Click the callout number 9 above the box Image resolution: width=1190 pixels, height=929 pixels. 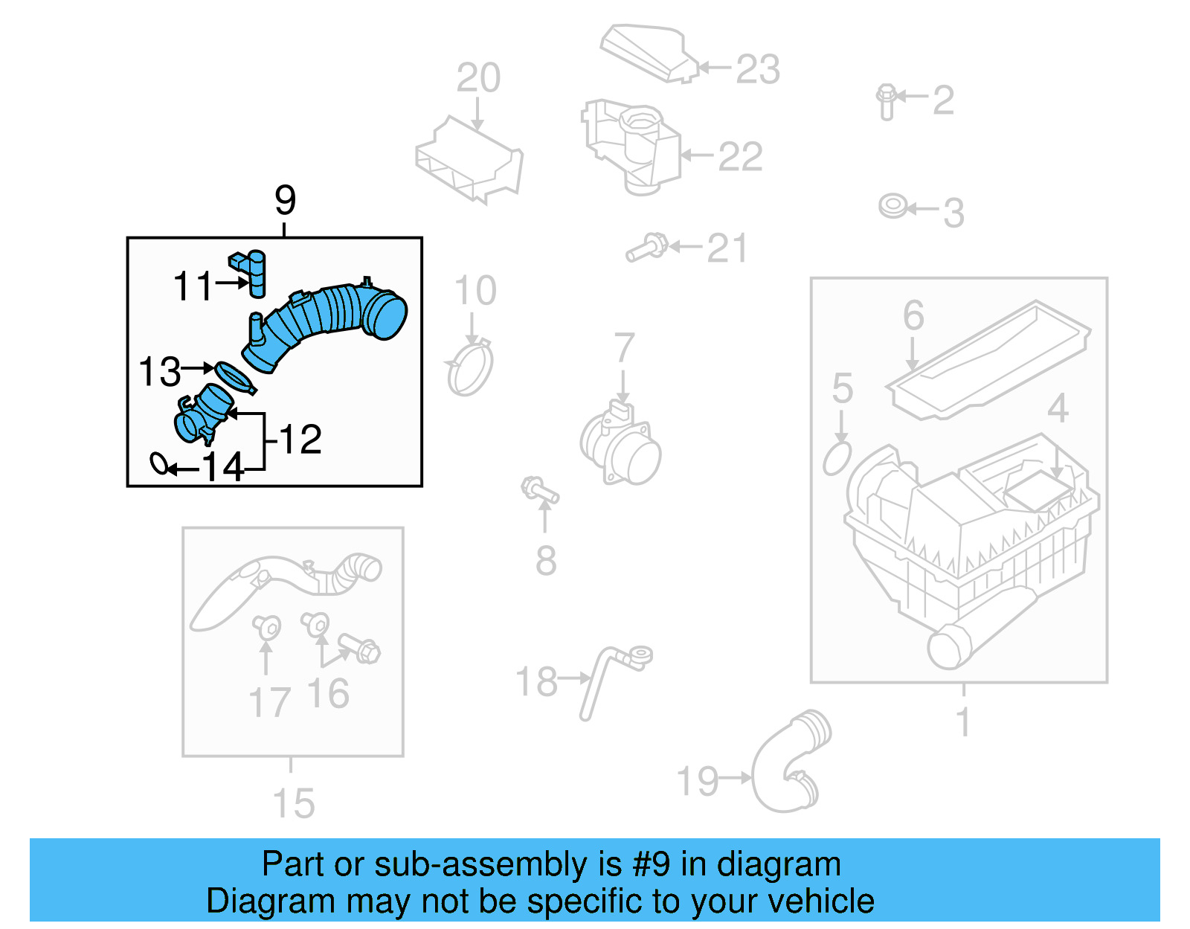[x=285, y=200]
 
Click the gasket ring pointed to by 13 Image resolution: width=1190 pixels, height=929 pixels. [x=234, y=376]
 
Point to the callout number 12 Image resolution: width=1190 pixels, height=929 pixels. [x=300, y=439]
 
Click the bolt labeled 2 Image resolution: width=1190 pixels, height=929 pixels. [x=886, y=102]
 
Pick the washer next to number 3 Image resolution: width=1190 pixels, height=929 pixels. [x=892, y=205]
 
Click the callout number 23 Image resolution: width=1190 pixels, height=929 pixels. [x=757, y=69]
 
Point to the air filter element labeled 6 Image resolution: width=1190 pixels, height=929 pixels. [x=989, y=360]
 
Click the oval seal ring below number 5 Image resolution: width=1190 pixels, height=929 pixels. [x=837, y=458]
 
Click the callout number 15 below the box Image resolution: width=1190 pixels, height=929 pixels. [x=293, y=803]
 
